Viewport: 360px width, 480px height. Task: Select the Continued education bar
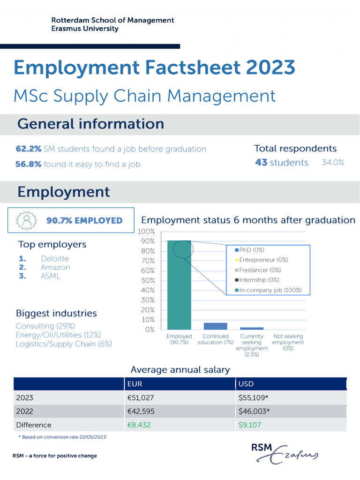(215, 326)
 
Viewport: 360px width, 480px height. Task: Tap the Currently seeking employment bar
(252, 328)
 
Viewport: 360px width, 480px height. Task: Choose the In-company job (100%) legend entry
(267, 290)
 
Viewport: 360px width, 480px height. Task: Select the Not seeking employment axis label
(288, 342)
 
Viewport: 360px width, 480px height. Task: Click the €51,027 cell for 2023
(141, 397)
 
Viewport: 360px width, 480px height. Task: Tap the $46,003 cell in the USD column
(254, 411)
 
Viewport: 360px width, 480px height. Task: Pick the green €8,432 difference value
(139, 425)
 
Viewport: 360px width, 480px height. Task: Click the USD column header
(246, 383)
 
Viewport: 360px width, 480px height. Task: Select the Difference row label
(33, 425)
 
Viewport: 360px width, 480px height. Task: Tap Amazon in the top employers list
(55, 267)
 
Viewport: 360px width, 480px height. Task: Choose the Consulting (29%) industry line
(45, 326)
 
